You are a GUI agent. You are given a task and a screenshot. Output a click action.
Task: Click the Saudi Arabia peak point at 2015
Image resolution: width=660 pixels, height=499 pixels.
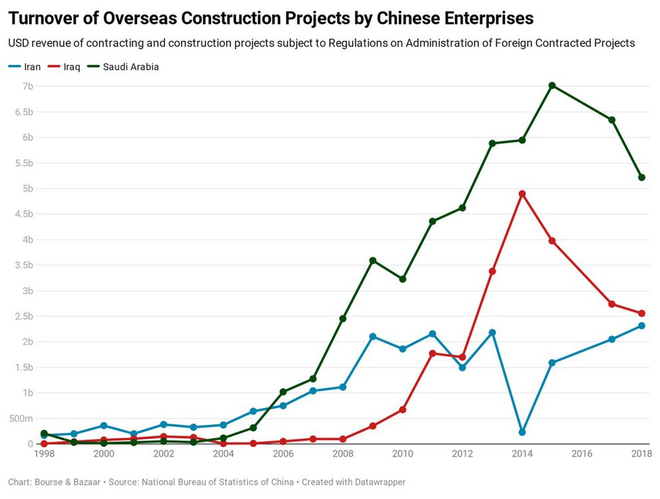tap(552, 86)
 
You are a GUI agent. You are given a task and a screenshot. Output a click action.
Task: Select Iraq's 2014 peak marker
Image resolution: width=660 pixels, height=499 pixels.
tap(522, 194)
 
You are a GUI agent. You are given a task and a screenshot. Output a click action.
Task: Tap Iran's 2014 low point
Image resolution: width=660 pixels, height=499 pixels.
tap(522, 432)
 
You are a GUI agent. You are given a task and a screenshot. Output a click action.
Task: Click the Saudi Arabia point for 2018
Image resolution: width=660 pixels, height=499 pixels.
tap(642, 177)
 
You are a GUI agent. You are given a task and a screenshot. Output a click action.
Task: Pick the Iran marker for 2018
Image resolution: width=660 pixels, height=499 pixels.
tap(642, 326)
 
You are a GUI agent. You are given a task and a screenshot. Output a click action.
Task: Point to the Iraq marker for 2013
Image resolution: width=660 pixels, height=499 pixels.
tap(492, 271)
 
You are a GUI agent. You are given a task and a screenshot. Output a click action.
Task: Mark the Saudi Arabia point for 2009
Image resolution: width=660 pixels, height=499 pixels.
tap(373, 260)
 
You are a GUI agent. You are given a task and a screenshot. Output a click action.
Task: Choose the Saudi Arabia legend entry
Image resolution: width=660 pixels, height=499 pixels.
tap(130, 67)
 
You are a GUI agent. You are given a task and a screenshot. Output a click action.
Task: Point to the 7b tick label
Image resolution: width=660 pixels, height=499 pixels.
tap(27, 86)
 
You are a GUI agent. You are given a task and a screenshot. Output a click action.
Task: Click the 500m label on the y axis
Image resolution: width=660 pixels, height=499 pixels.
tap(21, 418)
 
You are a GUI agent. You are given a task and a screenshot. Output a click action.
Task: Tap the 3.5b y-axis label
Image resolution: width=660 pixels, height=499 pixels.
tap(23, 265)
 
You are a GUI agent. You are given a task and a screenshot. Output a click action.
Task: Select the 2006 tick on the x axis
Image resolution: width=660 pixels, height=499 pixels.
tap(283, 454)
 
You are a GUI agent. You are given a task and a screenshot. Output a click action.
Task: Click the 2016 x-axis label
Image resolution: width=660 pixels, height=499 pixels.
tap(582, 454)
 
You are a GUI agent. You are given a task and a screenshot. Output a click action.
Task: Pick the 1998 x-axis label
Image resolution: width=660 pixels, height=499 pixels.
tap(43, 454)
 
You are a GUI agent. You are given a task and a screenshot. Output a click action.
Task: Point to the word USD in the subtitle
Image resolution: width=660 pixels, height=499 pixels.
tap(19, 43)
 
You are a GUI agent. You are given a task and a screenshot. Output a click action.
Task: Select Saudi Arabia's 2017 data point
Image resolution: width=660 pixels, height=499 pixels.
tap(612, 120)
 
